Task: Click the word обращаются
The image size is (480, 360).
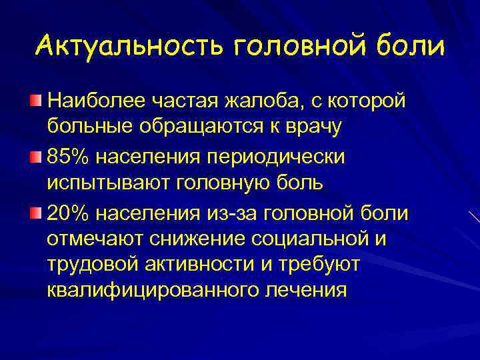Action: point(218,127)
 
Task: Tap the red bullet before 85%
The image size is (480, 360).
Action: point(36,155)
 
